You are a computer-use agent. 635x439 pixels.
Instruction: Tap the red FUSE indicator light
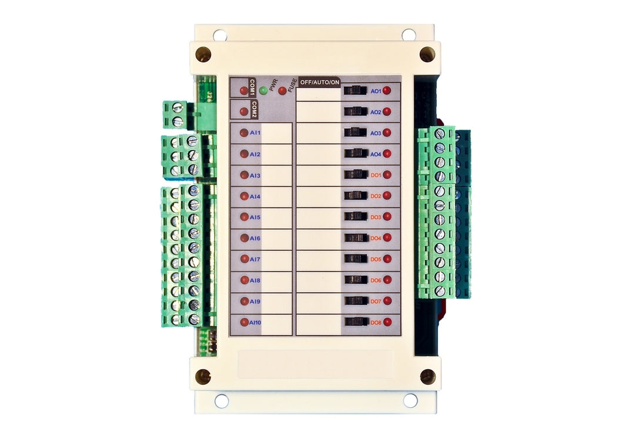pos(283,91)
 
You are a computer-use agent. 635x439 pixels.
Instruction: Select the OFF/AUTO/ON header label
pos(319,82)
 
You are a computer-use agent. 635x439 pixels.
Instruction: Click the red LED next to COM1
pos(243,90)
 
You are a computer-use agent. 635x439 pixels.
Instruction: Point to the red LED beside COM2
pos(243,111)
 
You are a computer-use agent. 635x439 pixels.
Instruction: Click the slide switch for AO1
pos(355,91)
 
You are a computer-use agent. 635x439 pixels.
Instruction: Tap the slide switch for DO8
pos(355,321)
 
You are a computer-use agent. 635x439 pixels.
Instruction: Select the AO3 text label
pos(376,133)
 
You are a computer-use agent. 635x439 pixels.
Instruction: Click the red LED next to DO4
pos(387,237)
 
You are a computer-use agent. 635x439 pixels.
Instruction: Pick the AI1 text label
pos(255,133)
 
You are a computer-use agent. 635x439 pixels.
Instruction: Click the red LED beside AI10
pos(243,322)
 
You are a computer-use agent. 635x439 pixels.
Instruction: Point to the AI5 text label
pos(255,217)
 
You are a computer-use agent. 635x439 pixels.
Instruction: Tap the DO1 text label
pos(376,175)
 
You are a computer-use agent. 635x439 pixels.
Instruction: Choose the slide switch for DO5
pos(355,259)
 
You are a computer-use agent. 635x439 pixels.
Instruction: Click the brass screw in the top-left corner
pos(203,54)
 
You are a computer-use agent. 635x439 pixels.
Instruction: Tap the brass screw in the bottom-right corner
pos(427,376)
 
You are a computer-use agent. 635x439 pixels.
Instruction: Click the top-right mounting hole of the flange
pos(409,35)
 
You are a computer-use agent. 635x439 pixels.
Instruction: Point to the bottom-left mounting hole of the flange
pos(222,401)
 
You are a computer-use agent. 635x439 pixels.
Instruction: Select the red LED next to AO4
pos(387,154)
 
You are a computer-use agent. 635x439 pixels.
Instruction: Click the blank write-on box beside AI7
pos(276,259)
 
